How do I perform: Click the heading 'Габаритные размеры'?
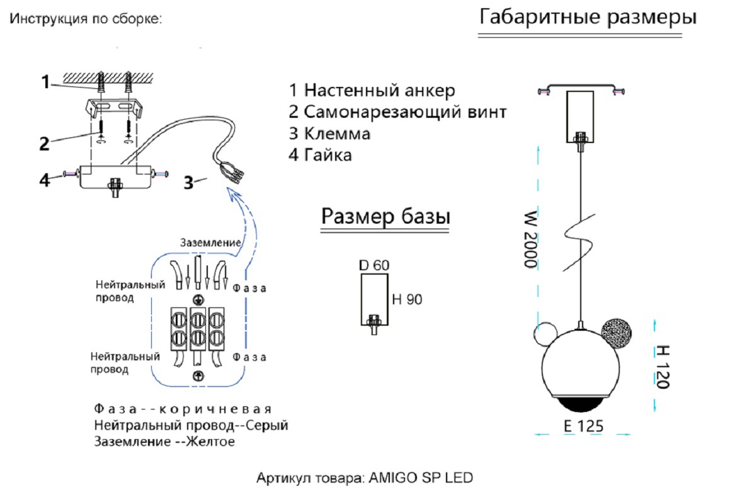click(x=588, y=17)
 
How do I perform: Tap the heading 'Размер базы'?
click(x=385, y=217)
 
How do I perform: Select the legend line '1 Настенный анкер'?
click(x=371, y=90)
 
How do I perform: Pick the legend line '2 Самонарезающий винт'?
click(x=397, y=112)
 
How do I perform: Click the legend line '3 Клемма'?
click(x=329, y=134)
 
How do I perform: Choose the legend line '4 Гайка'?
click(x=320, y=155)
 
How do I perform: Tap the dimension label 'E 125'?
click(x=583, y=426)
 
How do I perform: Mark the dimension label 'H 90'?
click(x=406, y=300)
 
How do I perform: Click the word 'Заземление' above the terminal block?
click(x=210, y=243)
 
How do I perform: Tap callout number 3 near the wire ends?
click(x=188, y=183)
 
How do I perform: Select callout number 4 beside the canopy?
click(x=44, y=180)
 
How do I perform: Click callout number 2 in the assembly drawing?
click(x=44, y=144)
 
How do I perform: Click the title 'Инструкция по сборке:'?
click(x=86, y=20)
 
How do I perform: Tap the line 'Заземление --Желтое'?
click(x=164, y=442)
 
